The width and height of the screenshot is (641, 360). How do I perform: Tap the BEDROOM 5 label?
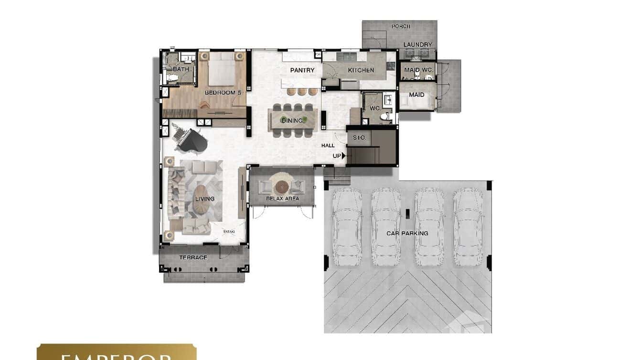tap(223, 93)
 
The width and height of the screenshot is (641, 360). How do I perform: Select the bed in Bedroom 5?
tap(222, 70)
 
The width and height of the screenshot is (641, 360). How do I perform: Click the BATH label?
tap(181, 69)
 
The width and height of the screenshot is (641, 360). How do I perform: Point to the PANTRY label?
tap(302, 70)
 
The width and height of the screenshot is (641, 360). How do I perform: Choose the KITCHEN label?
tap(361, 70)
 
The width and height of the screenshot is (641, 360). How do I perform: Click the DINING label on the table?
tap(292, 120)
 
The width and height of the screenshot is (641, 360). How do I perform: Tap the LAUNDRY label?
tap(417, 44)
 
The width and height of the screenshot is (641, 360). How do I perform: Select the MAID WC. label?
tap(418, 70)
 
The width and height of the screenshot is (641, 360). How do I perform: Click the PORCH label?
tap(401, 26)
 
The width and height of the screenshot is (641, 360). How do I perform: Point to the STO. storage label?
tap(359, 138)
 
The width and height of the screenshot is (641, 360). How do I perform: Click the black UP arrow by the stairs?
tap(343, 156)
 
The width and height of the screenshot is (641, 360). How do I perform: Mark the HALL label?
tap(328, 146)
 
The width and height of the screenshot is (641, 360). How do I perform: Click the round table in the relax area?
tap(282, 186)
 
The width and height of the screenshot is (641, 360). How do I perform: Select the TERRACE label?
tap(193, 258)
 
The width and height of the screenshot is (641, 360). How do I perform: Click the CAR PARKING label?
tap(407, 233)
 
